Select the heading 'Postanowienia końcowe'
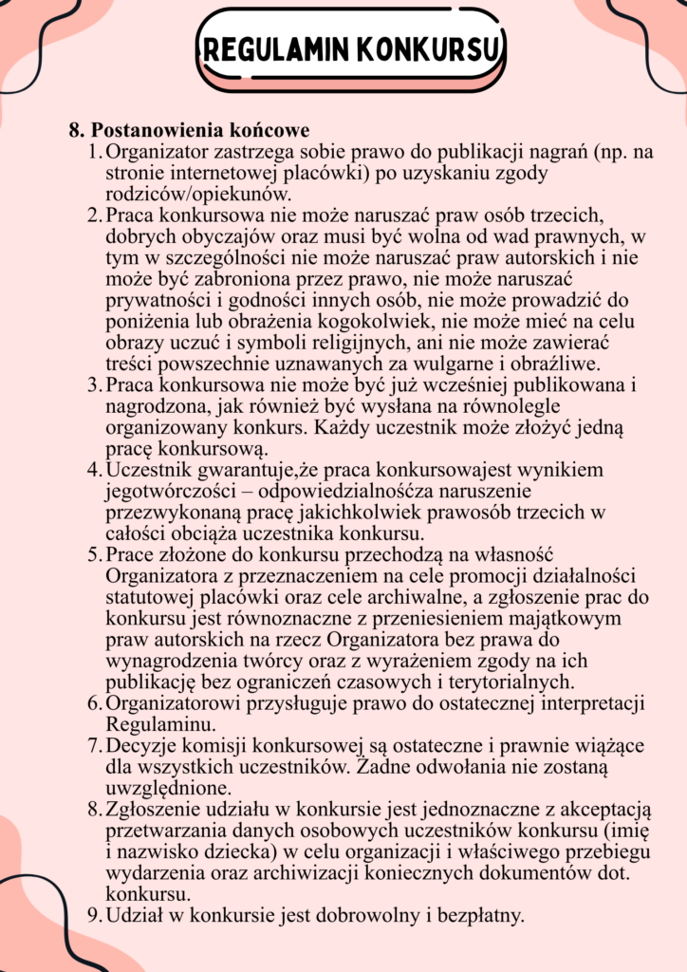pyautogui.click(x=200, y=129)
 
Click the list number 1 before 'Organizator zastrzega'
pyautogui.click(x=93, y=152)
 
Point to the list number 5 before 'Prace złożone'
pyautogui.click(x=94, y=553)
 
